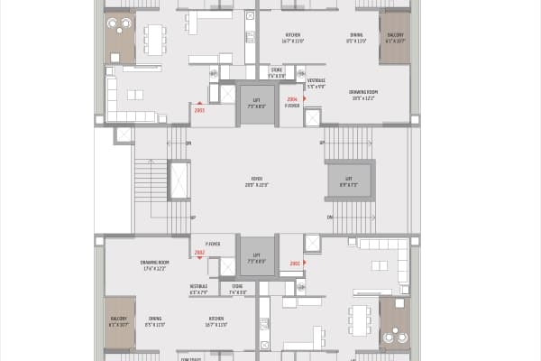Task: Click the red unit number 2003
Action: [x=198, y=110]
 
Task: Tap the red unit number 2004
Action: [x=291, y=98]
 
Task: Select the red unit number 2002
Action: [x=199, y=253]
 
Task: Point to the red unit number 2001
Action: [x=295, y=264]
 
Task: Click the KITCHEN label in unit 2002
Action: [x=216, y=320]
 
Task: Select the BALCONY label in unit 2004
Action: [x=395, y=37]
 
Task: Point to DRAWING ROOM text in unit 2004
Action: [x=362, y=94]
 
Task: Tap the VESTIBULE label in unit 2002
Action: [x=199, y=290]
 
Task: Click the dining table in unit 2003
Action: [x=155, y=38]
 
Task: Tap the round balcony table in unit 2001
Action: [x=394, y=331]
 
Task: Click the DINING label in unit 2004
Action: [x=357, y=37]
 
